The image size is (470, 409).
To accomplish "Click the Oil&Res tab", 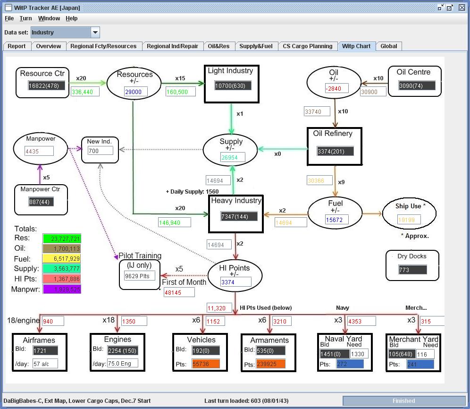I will tap(218, 46).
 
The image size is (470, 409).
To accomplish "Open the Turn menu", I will tap(26, 18).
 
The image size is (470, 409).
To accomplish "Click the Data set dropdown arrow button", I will tap(95, 33).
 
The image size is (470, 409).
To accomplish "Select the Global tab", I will tap(389, 46).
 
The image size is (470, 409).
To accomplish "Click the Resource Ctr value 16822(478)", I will tap(46, 86).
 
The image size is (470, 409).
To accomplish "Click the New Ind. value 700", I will tap(100, 151).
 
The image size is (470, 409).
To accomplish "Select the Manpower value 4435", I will tap(39, 151).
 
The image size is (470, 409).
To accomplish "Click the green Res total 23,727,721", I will tap(62, 239).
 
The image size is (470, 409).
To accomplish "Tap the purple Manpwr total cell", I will tap(62, 289).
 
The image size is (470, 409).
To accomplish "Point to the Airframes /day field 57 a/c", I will tap(45, 364).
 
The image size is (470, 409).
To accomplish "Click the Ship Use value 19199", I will tap(409, 220).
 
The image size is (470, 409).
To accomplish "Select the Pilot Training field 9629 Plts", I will tap(139, 275).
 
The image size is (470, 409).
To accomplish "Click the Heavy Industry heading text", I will tap(236, 201).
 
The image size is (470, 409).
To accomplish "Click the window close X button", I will tap(462, 8).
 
